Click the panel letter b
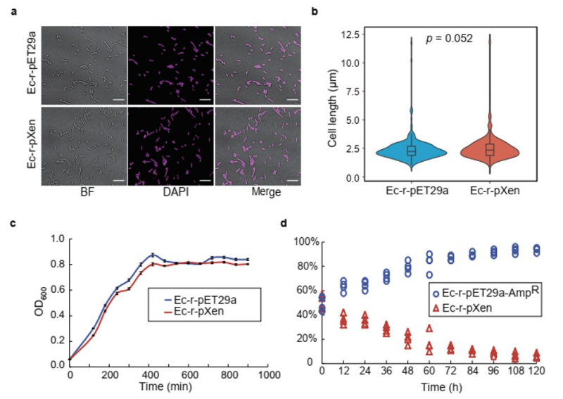pos(315,11)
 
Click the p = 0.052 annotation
pos(448,39)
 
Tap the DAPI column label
pos(170,192)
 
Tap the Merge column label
pos(258,192)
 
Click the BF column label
pos(83,192)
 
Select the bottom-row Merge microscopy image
pos(258,145)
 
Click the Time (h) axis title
pos(429,386)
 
